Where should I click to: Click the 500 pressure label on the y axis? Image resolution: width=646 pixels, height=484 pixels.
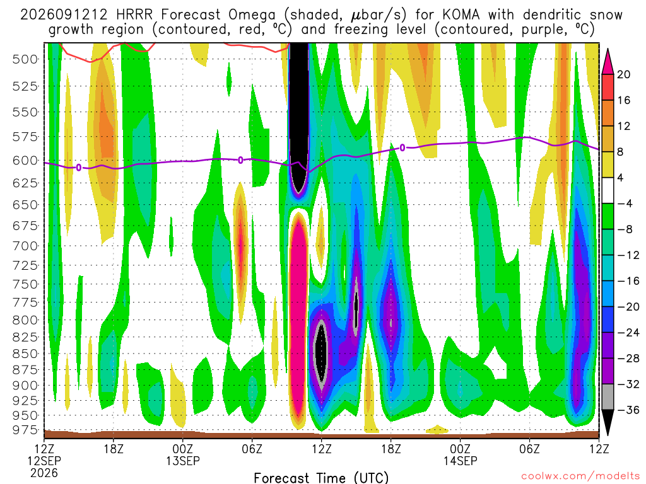point(25,59)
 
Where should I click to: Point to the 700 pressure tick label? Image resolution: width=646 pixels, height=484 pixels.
point(25,246)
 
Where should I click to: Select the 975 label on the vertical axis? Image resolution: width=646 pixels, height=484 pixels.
point(25,430)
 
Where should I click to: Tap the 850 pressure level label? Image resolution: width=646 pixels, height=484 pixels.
point(25,354)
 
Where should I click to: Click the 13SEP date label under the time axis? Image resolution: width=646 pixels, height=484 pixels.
point(182,461)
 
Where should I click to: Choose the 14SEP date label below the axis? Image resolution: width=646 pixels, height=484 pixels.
point(460,461)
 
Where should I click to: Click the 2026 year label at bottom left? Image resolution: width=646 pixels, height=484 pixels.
point(44,473)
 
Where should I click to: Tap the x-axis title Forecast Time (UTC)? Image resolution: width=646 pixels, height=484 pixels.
point(321,478)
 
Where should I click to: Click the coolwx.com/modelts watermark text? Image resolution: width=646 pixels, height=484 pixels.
point(580,476)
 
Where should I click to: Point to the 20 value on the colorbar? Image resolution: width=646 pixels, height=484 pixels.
point(623,74)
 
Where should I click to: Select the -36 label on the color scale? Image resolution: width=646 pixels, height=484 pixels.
point(628,410)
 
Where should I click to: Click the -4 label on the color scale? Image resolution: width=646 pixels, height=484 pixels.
point(625,204)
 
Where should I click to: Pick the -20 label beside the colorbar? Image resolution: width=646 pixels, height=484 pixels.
point(628,307)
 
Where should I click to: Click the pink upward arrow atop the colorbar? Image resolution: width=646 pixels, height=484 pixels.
point(608,62)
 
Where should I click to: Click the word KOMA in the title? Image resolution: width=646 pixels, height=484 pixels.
point(461,15)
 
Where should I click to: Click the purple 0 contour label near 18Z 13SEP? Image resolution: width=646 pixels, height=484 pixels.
point(402,147)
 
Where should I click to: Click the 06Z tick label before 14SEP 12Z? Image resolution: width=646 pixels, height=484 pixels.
point(529,449)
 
